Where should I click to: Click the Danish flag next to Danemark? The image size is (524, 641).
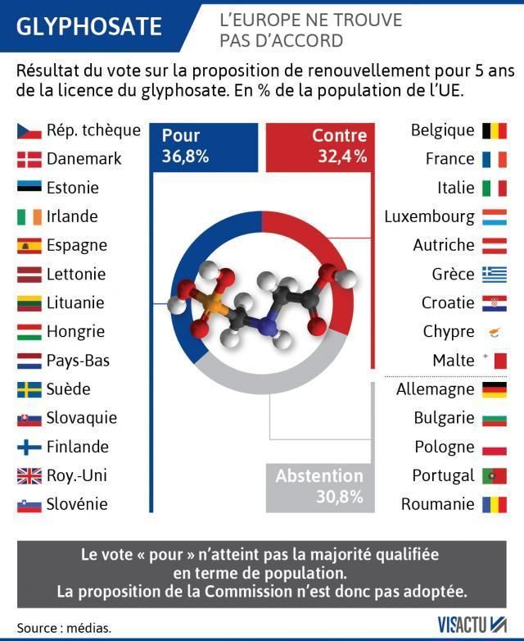[29, 159]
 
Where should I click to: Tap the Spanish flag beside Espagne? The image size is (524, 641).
[29, 245]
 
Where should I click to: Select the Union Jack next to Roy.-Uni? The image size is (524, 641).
[29, 475]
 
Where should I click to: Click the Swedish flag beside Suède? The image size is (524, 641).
[29, 389]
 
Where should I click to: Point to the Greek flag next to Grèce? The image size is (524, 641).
[495, 274]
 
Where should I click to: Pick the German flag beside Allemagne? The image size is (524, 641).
[495, 389]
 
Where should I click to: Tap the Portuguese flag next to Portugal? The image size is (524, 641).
[495, 475]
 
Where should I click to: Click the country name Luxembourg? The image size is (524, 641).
[429, 216]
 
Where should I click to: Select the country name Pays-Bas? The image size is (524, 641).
[78, 361]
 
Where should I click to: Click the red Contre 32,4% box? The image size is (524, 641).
[321, 146]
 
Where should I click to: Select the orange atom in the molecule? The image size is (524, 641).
[213, 305]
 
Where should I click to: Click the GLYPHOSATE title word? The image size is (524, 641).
[88, 26]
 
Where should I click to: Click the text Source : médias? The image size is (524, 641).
[64, 628]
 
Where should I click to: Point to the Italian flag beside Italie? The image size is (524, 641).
[495, 188]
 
